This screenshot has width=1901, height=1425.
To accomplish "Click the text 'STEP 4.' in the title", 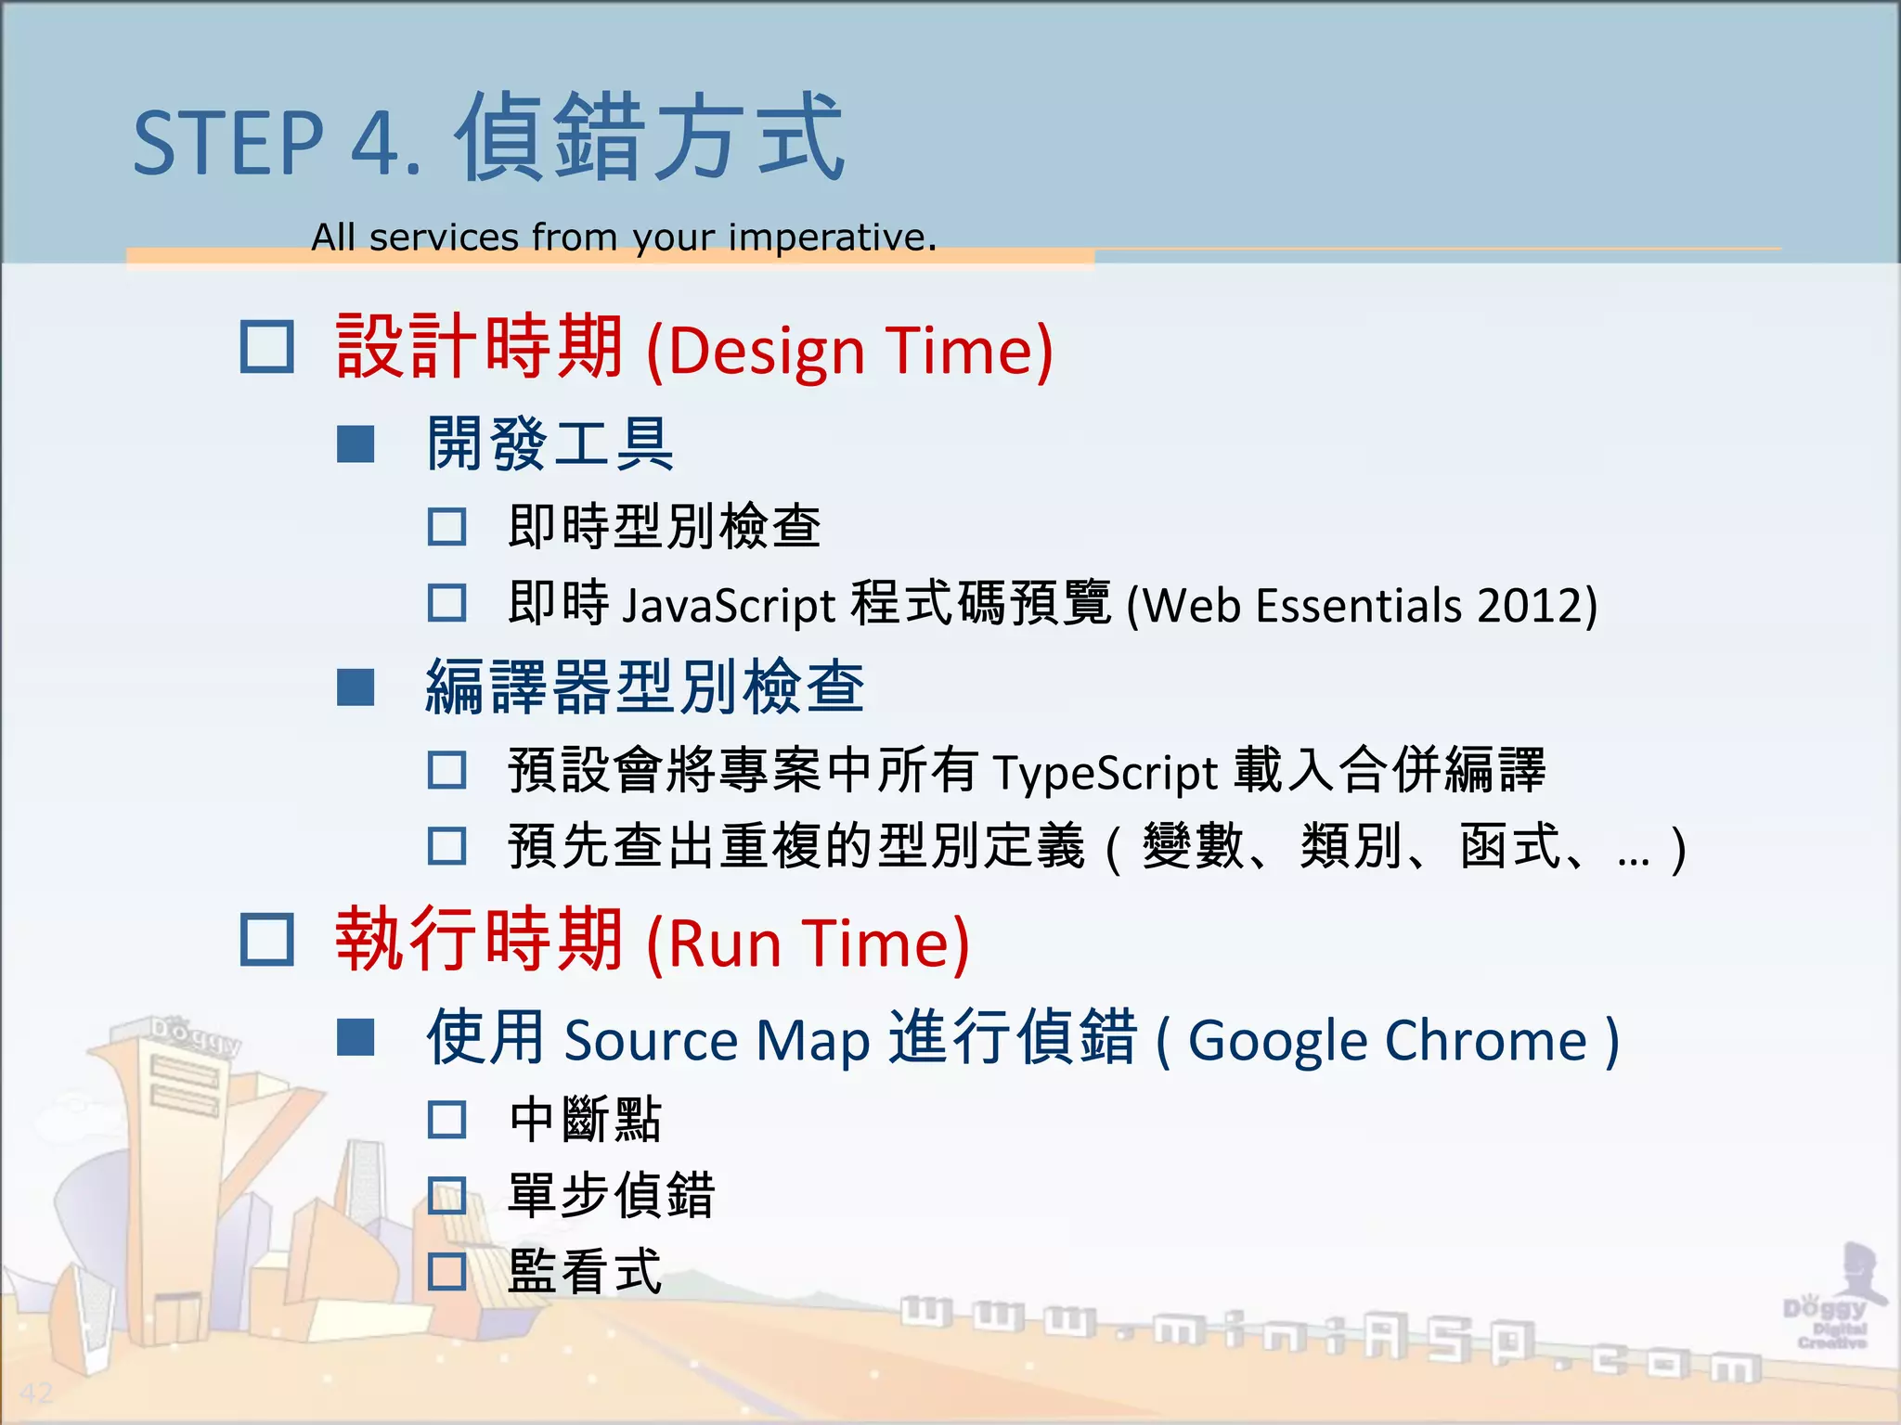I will [277, 144].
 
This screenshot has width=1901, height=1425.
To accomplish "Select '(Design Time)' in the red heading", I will [849, 351].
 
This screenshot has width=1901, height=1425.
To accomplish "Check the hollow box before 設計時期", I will [267, 347].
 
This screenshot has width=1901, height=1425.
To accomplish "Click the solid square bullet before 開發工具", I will [356, 444].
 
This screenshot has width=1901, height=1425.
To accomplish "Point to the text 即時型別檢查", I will [664, 526].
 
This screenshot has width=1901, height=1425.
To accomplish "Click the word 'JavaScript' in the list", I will [729, 605].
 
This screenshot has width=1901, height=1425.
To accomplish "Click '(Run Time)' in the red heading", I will [808, 943].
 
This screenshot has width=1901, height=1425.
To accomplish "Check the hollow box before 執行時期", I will [267, 940].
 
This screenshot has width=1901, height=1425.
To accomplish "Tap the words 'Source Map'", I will [717, 1040].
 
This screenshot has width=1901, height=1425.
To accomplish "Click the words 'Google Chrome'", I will [1388, 1040].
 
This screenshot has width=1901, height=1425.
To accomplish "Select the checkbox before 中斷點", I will [446, 1120].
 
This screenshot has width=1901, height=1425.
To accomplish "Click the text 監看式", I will [585, 1272].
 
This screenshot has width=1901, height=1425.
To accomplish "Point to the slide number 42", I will [37, 1393].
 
